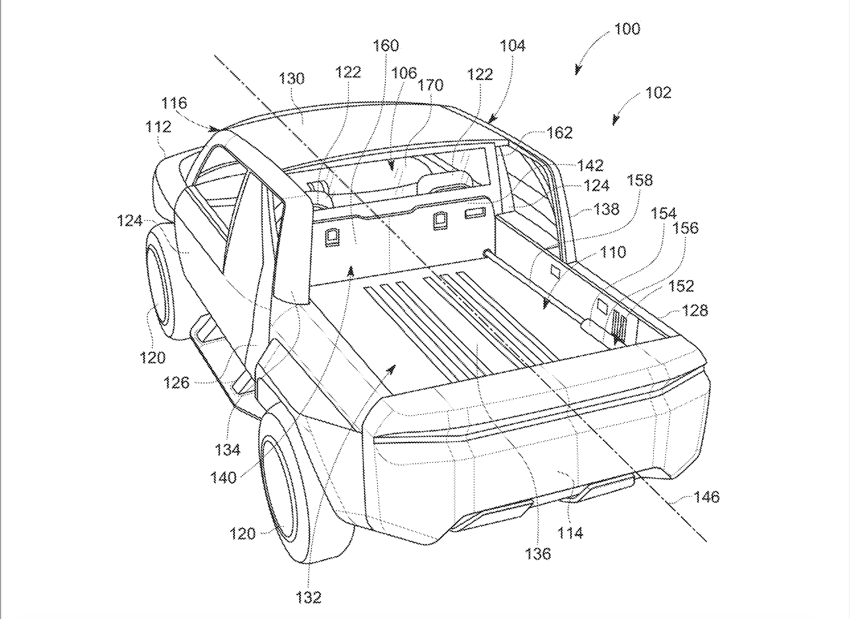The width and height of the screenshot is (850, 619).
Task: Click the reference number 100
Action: point(627,29)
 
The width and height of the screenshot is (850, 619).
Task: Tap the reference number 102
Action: point(658,92)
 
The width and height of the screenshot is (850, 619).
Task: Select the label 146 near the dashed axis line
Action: point(706,497)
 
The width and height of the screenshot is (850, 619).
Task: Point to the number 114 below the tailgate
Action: point(570,533)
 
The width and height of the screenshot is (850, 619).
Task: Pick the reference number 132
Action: point(309,597)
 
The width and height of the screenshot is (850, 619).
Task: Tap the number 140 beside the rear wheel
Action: point(223,478)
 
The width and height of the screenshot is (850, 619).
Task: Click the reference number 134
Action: point(228,450)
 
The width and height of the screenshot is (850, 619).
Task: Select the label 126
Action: point(177,382)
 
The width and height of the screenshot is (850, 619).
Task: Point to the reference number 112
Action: point(158,127)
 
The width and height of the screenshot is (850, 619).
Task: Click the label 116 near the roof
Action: point(174,103)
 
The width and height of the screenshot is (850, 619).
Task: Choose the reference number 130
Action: point(291,79)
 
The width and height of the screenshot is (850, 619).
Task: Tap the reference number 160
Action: point(385,46)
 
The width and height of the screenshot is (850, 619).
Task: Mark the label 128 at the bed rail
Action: point(695,311)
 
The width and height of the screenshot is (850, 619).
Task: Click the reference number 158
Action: point(640,180)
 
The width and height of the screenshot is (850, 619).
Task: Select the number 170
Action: point(430,85)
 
